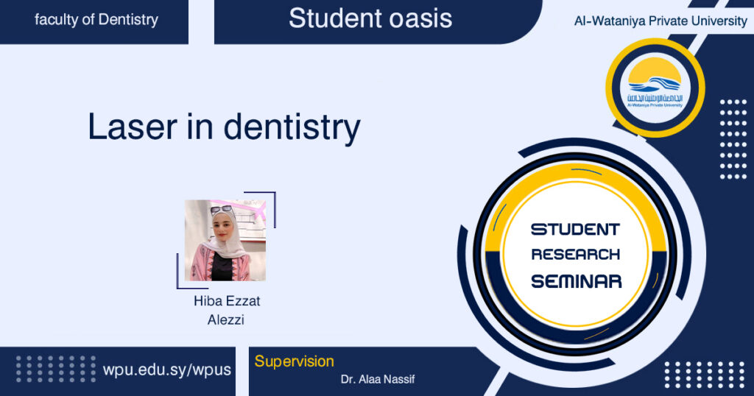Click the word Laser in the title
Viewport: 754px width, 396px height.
[133, 127]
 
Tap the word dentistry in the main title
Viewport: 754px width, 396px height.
[292, 127]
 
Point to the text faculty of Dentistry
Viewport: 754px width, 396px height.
[96, 20]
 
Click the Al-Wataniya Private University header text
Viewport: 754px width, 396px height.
[660, 21]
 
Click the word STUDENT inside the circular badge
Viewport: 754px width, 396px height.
[575, 230]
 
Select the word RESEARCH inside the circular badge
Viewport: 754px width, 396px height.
[576, 254]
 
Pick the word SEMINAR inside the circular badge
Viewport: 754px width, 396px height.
[576, 281]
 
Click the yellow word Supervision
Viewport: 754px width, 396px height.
[294, 361]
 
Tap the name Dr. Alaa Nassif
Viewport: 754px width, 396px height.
[378, 379]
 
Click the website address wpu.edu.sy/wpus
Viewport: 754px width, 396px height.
[167, 370]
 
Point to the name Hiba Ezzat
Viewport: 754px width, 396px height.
[227, 301]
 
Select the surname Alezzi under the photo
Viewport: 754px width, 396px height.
[226, 319]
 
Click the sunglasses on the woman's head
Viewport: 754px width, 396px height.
[221, 209]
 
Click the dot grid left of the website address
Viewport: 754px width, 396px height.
[56, 369]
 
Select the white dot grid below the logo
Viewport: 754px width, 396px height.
[733, 139]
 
